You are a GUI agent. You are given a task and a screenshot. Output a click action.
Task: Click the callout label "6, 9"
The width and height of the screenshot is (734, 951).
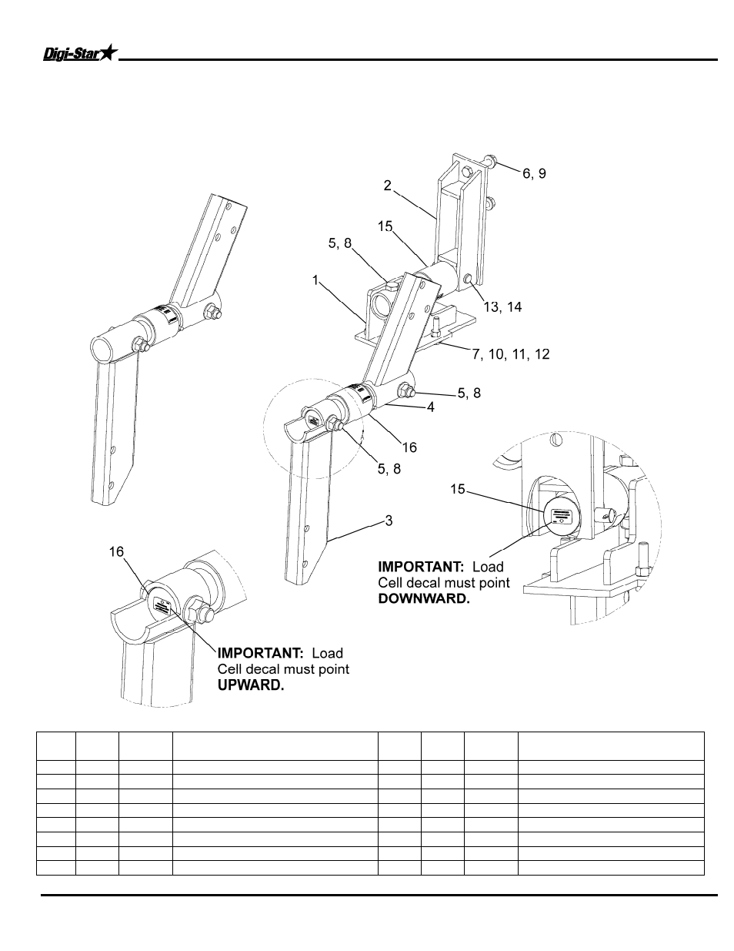coord(534,174)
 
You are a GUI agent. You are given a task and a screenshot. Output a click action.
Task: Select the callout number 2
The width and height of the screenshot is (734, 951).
coord(388,186)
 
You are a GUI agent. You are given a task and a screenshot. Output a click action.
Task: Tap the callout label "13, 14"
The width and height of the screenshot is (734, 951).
coord(502,306)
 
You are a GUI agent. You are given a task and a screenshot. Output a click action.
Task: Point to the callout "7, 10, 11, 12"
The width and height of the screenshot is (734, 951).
coord(511,354)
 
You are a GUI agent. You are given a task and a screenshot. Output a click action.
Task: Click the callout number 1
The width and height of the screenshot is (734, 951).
coord(315,280)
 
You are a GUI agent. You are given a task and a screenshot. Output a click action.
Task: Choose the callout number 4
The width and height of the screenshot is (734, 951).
coord(431,407)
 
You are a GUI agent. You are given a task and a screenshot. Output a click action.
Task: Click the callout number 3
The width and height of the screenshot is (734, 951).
coord(389,521)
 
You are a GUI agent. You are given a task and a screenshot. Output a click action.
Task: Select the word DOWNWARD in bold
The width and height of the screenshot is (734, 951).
coord(423,598)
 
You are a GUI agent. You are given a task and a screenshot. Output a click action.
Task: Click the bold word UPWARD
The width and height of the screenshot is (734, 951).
coord(251,685)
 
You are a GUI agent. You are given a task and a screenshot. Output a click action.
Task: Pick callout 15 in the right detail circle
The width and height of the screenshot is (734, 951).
coord(458,489)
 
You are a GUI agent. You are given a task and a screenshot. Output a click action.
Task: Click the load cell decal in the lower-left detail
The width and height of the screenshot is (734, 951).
coord(162,605)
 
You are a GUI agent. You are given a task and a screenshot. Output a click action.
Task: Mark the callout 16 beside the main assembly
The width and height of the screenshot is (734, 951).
coord(409,447)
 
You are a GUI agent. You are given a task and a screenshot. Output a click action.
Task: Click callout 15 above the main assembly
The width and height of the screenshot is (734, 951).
coord(385,226)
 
